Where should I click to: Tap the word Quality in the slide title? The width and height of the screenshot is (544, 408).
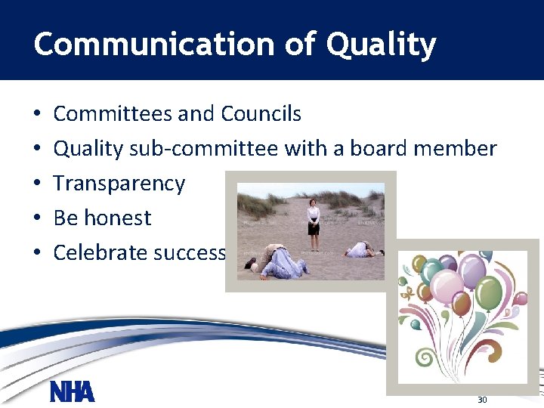click(381, 45)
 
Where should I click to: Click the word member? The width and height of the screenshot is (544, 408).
click(457, 149)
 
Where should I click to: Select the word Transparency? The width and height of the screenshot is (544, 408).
click(119, 184)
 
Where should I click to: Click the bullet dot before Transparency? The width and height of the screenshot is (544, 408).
click(37, 184)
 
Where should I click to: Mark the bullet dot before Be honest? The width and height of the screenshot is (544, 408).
click(37, 219)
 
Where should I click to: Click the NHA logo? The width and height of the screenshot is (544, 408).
click(72, 391)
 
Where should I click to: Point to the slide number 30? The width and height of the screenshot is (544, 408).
click(481, 399)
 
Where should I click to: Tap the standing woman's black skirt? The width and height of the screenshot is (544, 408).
click(313, 230)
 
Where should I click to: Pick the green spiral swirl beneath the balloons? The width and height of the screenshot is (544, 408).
click(426, 357)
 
